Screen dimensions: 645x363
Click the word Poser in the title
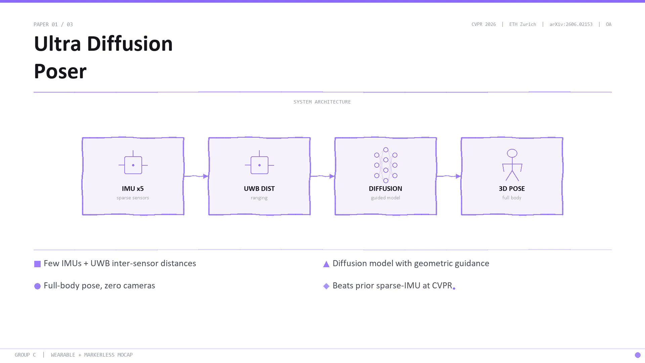point(60,71)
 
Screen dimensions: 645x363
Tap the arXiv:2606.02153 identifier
point(571,25)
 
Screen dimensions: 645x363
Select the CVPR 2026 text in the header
point(483,25)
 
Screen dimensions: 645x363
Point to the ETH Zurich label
point(522,25)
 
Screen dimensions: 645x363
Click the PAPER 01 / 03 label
point(53,25)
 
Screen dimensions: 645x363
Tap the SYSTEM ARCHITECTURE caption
point(322,102)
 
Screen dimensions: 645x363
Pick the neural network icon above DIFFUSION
point(386,165)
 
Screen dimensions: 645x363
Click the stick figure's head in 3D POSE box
point(512,153)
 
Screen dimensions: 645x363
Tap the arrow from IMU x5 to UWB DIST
point(196,176)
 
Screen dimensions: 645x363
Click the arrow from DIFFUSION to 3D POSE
point(449,176)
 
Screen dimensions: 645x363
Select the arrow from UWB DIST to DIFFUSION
point(322,176)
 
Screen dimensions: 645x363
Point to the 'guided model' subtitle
point(385,198)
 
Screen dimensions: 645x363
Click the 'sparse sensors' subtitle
point(133,198)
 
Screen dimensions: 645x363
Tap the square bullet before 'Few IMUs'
point(37,264)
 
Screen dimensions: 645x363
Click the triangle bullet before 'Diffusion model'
point(326,264)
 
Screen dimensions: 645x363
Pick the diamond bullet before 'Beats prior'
point(326,286)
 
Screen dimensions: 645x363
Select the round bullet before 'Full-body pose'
point(37,286)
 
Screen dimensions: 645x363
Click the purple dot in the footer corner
point(638,355)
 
